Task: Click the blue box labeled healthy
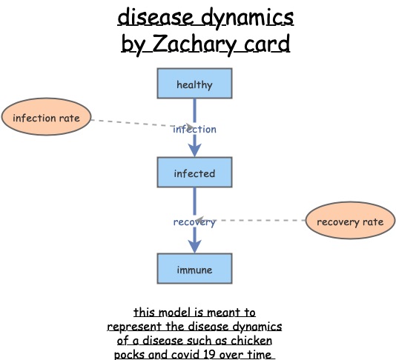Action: click(x=194, y=84)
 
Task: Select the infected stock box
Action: click(x=194, y=173)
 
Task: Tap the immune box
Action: click(x=194, y=269)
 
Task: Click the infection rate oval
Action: click(x=46, y=117)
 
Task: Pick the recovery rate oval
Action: click(x=350, y=221)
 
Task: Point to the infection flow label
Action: click(x=194, y=129)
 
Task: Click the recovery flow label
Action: click(x=194, y=221)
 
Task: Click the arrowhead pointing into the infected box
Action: click(x=194, y=150)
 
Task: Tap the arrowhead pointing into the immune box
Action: click(x=194, y=247)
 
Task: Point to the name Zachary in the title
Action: click(x=186, y=44)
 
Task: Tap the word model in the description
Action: click(x=173, y=313)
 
